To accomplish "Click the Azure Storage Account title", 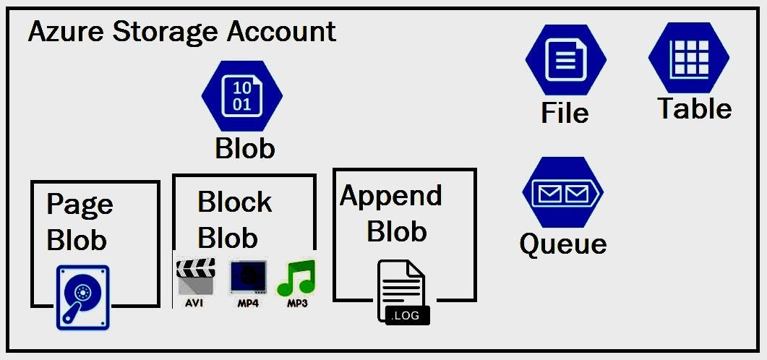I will (x=181, y=32).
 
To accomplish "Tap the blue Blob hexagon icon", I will (x=242, y=95).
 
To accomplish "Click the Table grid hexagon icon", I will (x=688, y=59).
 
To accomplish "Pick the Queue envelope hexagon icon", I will (x=562, y=193).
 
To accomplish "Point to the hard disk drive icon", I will (x=82, y=297).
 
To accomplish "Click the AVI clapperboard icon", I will (x=195, y=278).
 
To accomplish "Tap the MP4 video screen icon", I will (x=246, y=278).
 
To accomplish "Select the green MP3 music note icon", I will (x=296, y=276).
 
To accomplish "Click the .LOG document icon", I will (x=403, y=291).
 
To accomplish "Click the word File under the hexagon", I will (x=565, y=113).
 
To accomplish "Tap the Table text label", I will (x=694, y=109).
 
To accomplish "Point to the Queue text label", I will (x=562, y=244).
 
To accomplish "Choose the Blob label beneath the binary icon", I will (x=245, y=149).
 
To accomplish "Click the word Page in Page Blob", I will (x=80, y=205).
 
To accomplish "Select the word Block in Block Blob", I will (x=234, y=202).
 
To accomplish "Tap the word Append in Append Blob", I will (x=391, y=196).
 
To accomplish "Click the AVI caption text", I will (x=194, y=304).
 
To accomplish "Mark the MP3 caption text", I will (x=296, y=304).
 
